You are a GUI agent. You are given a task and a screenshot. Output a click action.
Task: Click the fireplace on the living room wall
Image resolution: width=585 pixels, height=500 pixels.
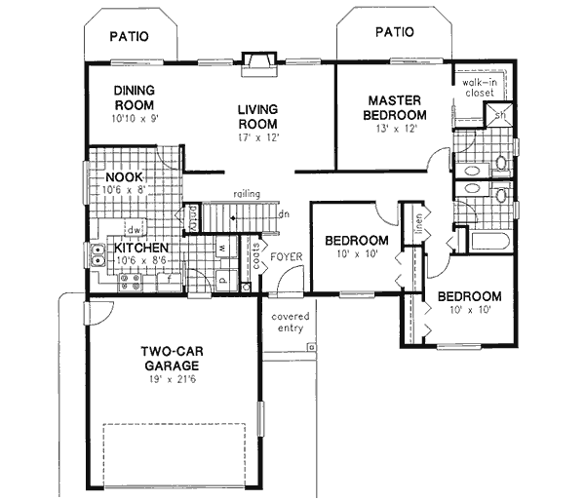pos(258,61)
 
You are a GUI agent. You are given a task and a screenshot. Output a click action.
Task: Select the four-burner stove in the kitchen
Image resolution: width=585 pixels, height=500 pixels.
pos(129,283)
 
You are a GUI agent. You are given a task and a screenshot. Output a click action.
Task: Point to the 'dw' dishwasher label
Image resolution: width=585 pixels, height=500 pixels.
pos(138,230)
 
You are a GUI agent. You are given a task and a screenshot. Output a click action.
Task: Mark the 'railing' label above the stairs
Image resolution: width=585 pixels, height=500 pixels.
pos(246,194)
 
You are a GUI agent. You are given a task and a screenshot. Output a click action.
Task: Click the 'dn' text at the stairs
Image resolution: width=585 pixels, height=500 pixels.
pos(283,214)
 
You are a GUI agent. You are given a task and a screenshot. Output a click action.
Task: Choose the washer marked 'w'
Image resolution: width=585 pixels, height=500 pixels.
pos(222,249)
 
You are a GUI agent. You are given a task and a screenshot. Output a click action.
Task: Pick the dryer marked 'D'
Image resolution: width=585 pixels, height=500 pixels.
pos(222,277)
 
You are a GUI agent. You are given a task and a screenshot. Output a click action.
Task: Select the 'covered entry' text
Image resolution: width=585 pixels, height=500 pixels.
pos(290,323)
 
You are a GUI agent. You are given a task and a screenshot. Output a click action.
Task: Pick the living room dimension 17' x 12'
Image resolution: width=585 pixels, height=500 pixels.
pos(257,138)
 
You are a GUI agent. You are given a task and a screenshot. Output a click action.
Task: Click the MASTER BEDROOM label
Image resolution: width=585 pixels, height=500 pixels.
pos(394,108)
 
